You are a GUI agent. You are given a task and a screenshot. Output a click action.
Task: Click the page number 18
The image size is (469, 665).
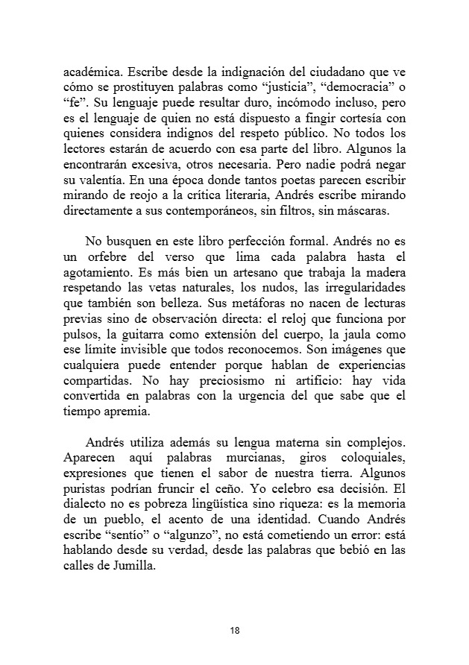click(234, 631)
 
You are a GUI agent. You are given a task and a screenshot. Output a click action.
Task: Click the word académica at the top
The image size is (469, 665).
click(93, 73)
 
